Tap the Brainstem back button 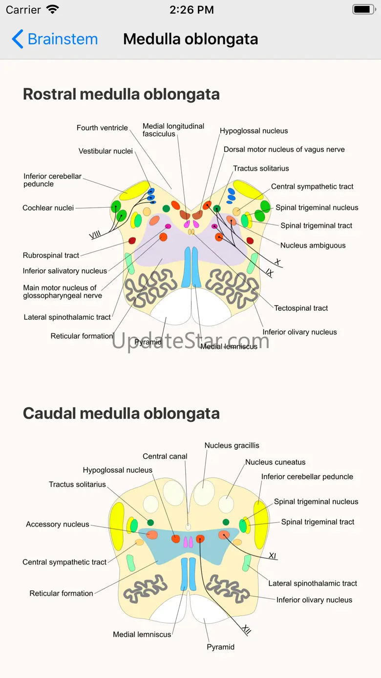[55, 39]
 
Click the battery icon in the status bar [363, 9]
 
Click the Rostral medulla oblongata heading [121, 94]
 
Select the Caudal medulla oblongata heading [121, 414]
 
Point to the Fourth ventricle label [102, 128]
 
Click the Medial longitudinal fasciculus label [173, 130]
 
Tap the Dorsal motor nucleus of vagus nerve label [284, 150]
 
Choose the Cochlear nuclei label [48, 208]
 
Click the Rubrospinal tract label [51, 255]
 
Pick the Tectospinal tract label [301, 308]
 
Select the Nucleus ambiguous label [313, 245]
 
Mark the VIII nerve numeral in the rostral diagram [95, 235]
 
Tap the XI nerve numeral [273, 555]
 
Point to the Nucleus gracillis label [232, 445]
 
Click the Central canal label [165, 457]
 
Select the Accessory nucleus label [58, 525]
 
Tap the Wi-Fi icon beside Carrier [52, 9]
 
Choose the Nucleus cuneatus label [275, 462]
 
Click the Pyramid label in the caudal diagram [220, 647]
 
